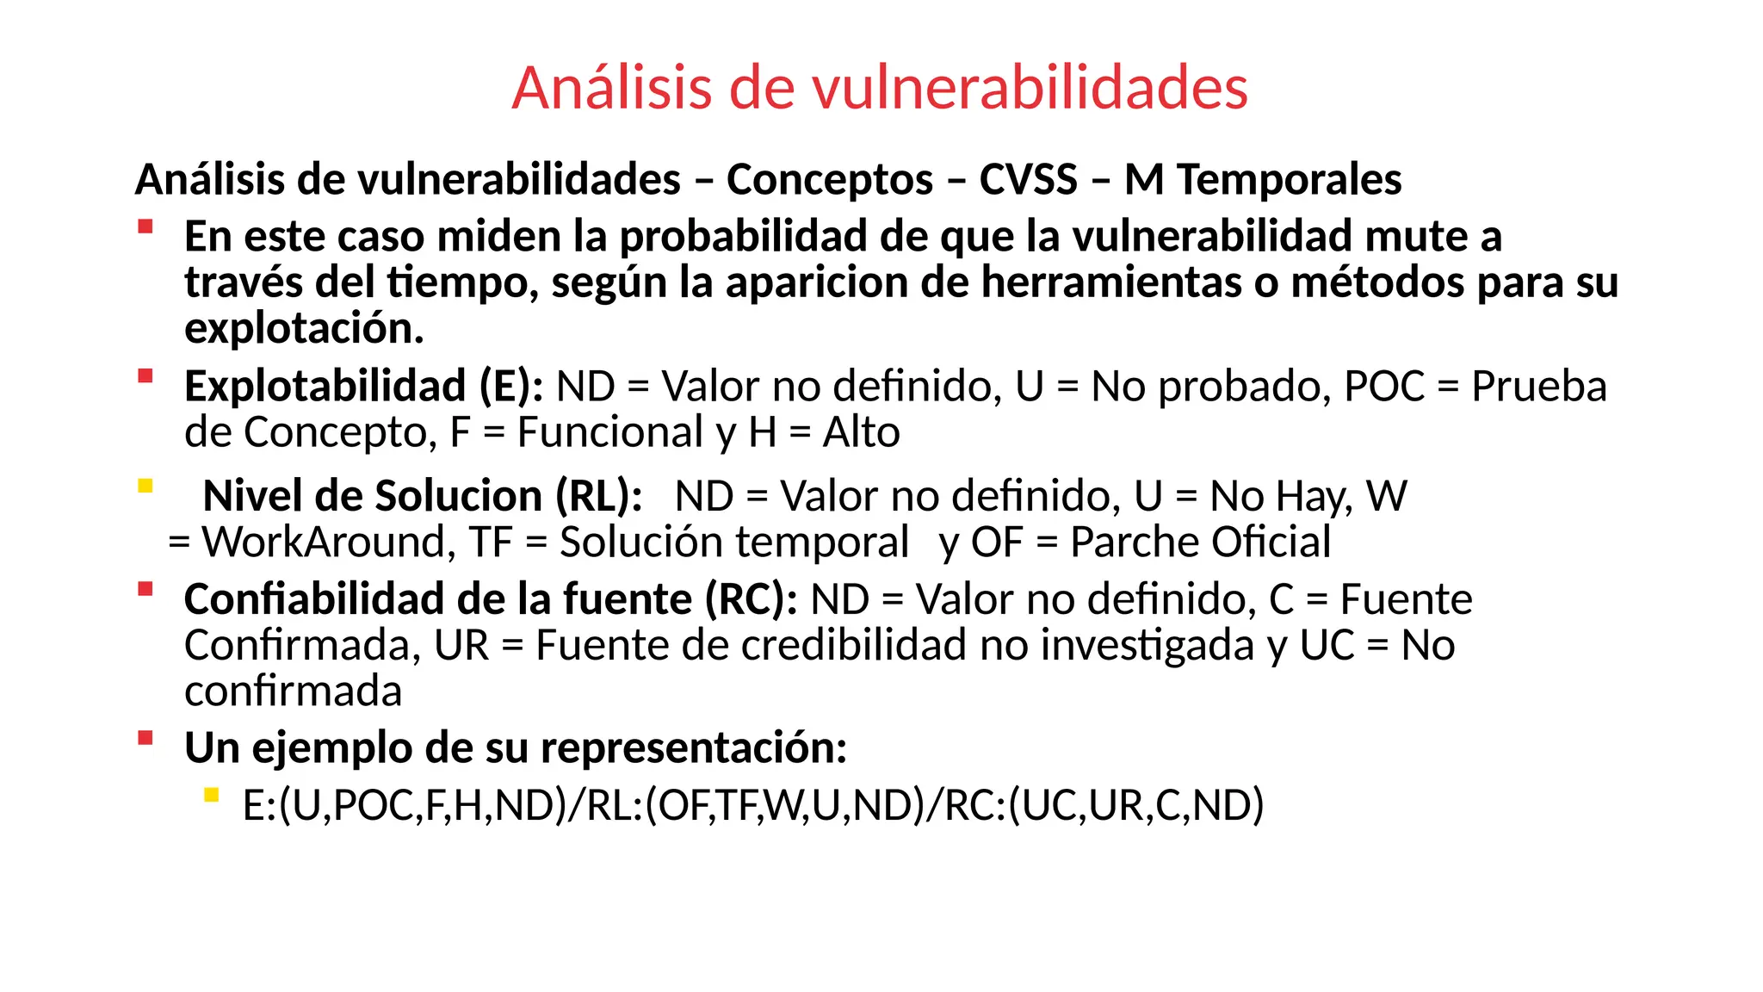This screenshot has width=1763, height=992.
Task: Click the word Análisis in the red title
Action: (612, 88)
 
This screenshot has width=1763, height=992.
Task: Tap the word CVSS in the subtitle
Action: (1029, 180)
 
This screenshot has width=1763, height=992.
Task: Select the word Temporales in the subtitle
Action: (1289, 180)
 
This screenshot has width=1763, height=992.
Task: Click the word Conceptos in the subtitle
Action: (830, 180)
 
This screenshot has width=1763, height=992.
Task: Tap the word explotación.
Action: (304, 329)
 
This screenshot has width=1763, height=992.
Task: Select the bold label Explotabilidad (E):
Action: (363, 387)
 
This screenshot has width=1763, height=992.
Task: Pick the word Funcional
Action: (610, 432)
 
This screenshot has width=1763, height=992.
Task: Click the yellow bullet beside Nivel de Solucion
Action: (145, 486)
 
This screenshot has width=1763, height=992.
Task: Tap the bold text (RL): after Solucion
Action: (599, 497)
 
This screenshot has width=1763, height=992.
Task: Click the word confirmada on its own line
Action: (294, 691)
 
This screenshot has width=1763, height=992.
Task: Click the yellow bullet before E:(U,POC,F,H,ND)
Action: (211, 795)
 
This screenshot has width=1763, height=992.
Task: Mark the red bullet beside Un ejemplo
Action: (145, 738)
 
